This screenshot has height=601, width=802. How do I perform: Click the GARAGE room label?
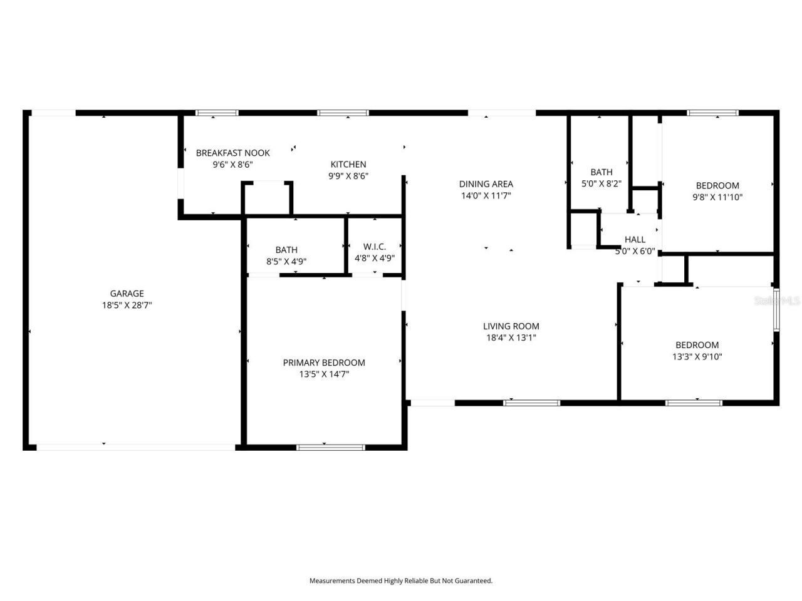pos(127,293)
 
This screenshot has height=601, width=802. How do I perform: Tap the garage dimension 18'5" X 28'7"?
pos(127,306)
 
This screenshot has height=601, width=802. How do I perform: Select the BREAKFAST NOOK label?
pos(232,153)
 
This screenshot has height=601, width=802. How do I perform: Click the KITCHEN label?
pos(348,164)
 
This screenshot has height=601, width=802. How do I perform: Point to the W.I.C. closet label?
pos(375,247)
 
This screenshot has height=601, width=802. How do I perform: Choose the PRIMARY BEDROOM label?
pos(324,362)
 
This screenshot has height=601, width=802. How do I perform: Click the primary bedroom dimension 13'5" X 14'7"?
pos(324,374)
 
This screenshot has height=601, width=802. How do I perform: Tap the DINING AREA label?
pos(486,183)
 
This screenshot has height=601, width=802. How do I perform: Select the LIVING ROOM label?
pos(511,326)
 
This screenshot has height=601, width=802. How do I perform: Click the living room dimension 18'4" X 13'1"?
pos(511,338)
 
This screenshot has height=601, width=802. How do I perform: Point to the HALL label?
pos(635,239)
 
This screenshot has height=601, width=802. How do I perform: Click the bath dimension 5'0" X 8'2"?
pos(601,184)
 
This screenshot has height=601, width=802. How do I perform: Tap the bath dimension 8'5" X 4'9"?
pos(286,262)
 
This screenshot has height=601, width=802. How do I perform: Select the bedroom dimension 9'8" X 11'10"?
pos(717,197)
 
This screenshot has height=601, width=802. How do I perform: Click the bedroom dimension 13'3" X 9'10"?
pos(697,357)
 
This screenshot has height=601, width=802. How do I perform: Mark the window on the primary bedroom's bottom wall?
pos(330,447)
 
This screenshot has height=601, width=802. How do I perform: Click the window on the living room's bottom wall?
pos(532,403)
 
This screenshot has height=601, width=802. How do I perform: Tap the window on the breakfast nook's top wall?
pos(217,113)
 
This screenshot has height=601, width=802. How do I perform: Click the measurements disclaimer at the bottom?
pos(401,581)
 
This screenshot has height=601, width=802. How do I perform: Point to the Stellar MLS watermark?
pos(777,301)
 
